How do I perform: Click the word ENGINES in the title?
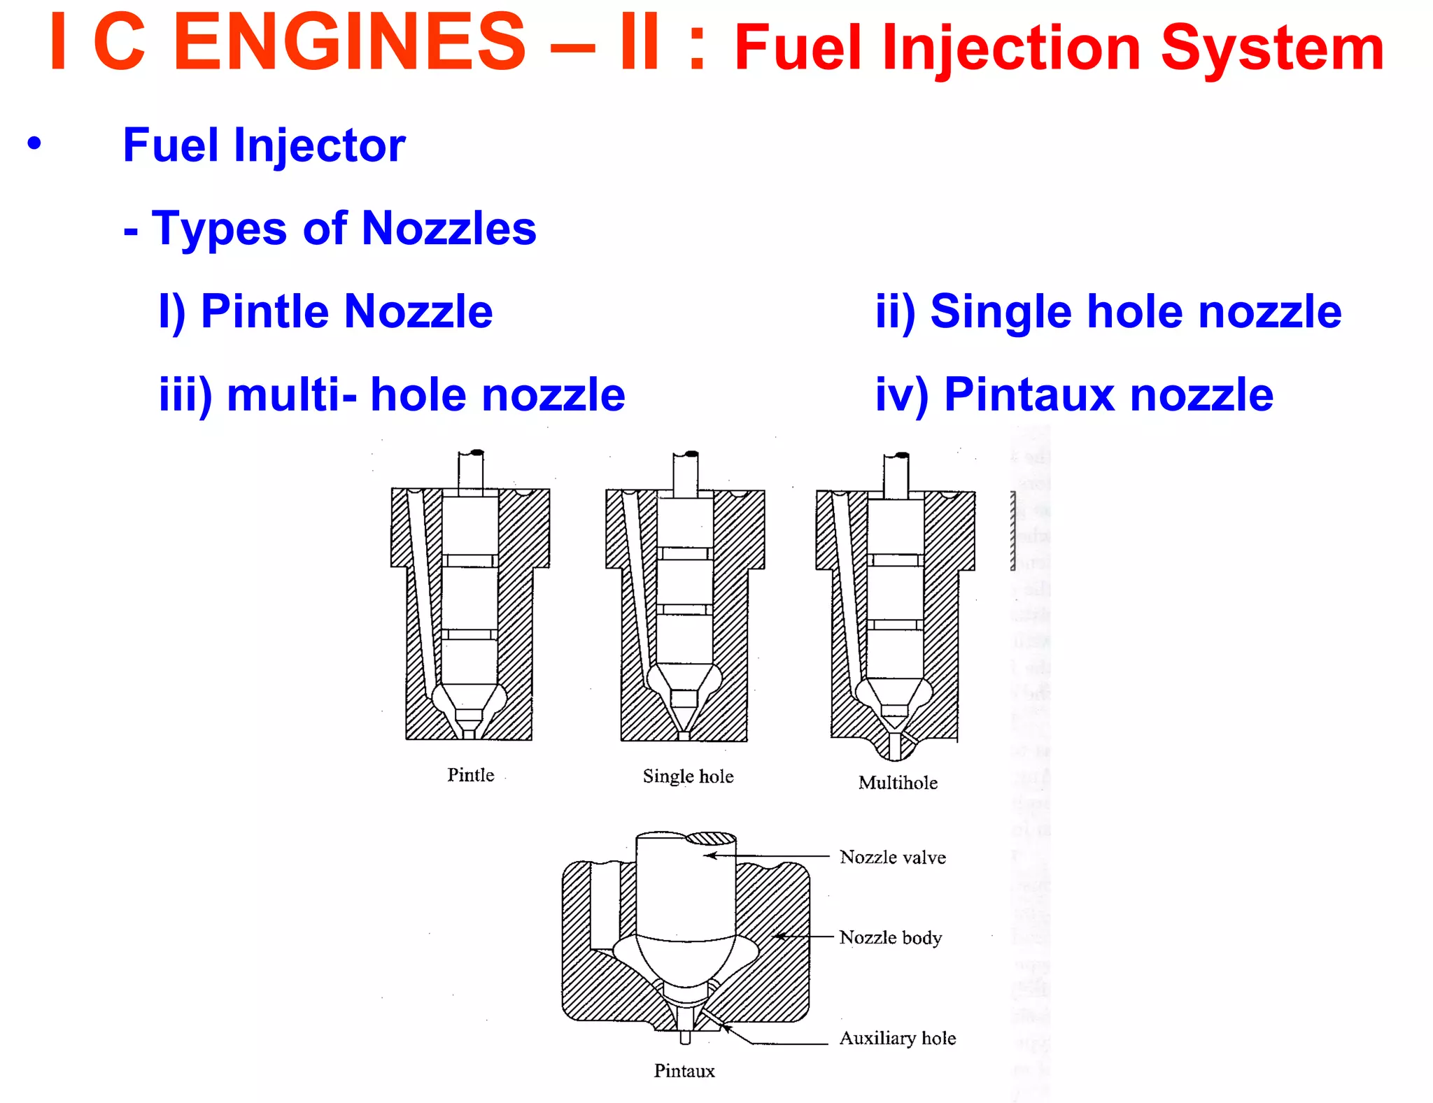[x=348, y=43]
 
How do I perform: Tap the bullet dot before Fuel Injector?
[x=34, y=143]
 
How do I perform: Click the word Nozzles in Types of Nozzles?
[x=449, y=229]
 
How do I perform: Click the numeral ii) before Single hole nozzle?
[x=895, y=311]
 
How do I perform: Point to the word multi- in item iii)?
[x=292, y=395]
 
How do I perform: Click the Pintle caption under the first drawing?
[x=470, y=775]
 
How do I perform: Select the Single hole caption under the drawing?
[x=688, y=776]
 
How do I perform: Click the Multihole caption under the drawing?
[x=898, y=783]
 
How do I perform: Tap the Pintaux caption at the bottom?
[x=684, y=1071]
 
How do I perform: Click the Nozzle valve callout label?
[x=892, y=858]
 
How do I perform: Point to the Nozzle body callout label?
[x=890, y=938]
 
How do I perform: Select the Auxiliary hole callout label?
[x=897, y=1039]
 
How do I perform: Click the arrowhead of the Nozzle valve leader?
[x=709, y=855]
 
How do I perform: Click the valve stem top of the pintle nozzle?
[x=471, y=467]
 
